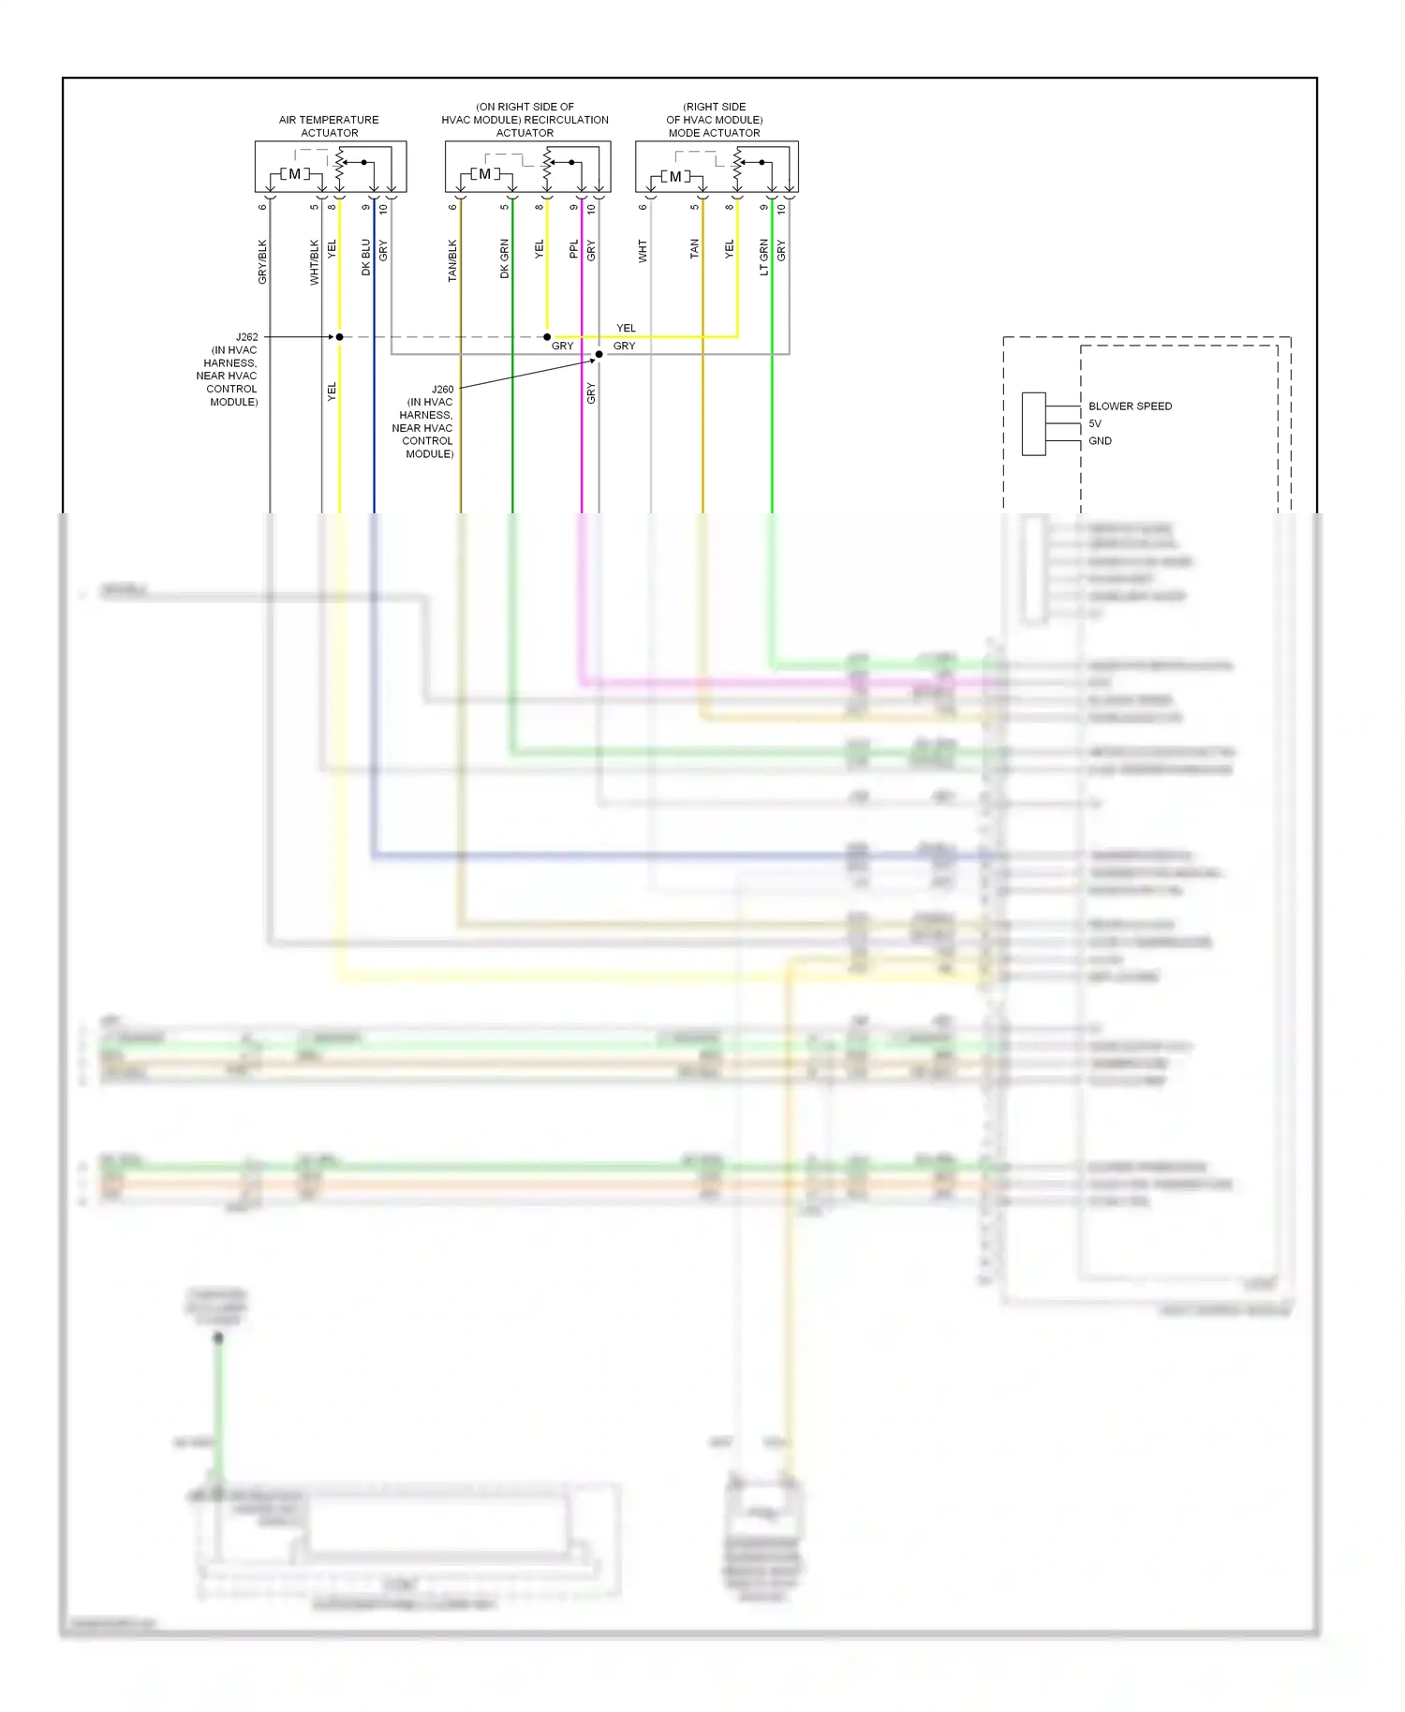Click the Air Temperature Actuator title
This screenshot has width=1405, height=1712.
pos(329,126)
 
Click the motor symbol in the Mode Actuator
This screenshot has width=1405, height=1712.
pos(675,176)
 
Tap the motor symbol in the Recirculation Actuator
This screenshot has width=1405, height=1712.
pos(484,174)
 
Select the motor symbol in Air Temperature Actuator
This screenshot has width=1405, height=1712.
pos(294,174)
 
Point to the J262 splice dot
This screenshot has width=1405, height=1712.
pos(339,337)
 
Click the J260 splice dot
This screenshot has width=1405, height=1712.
pos(599,355)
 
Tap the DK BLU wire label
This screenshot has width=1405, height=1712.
pos(366,257)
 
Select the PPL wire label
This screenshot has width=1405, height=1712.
pos(574,249)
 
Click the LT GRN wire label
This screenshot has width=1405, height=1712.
pos(764,257)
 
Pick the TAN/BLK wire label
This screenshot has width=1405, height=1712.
pos(452,260)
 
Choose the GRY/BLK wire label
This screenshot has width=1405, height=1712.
pos(262,261)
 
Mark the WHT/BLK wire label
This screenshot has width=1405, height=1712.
pos(315,261)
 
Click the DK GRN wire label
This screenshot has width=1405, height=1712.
pos(505,258)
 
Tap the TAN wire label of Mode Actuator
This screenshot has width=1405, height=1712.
pos(695,249)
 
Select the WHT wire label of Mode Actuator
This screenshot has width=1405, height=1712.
pos(643,250)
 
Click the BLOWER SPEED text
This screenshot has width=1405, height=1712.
pos(1130,406)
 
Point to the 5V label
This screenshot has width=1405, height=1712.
pos(1095,423)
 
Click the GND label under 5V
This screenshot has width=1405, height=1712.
pos(1100,441)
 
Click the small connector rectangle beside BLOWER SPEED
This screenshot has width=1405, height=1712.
pos(1033,424)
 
